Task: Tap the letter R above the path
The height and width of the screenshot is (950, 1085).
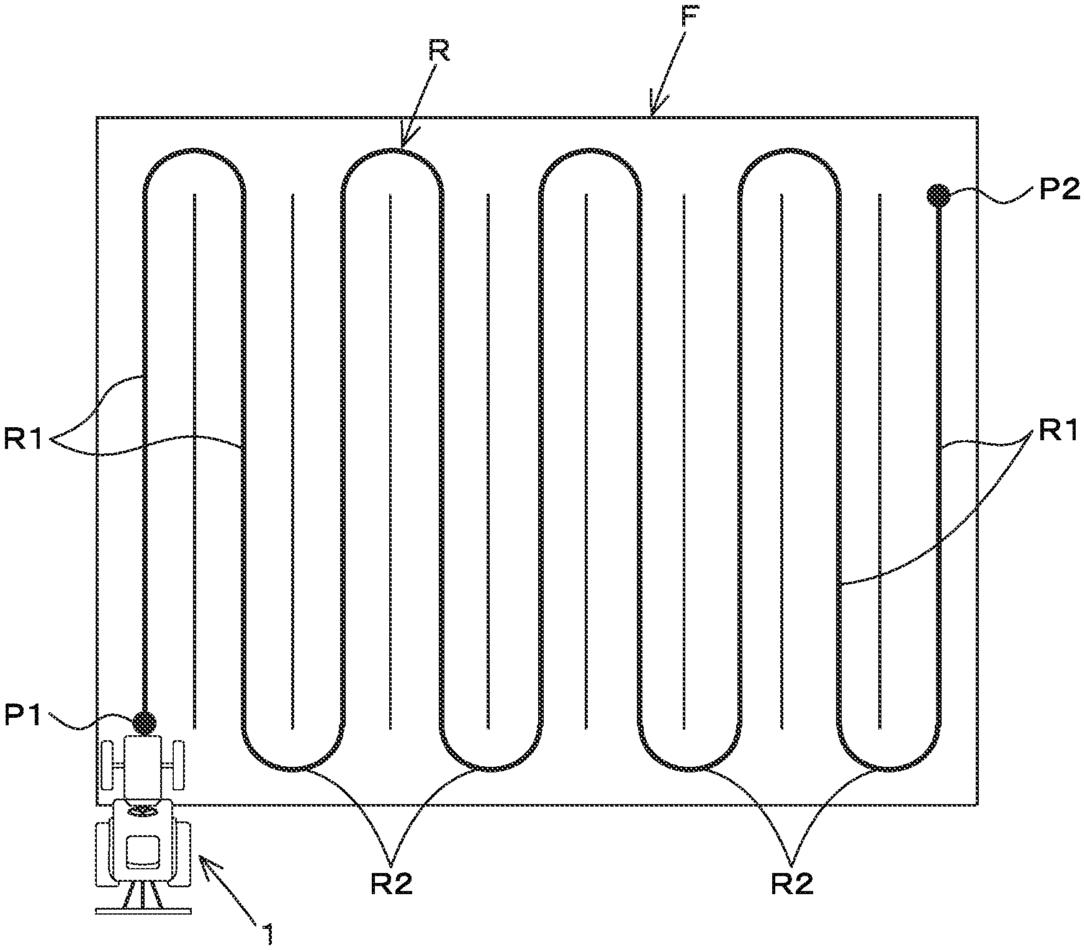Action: click(439, 52)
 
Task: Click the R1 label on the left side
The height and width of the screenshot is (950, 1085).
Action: click(24, 440)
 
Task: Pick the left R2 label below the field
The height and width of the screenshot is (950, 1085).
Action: click(391, 884)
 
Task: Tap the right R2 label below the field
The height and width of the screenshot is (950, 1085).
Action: click(791, 884)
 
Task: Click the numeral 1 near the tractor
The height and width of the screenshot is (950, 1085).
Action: click(268, 933)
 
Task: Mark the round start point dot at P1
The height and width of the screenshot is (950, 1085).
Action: click(145, 722)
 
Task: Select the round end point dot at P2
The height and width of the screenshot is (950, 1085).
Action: click(939, 196)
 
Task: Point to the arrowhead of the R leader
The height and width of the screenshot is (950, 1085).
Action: click(405, 142)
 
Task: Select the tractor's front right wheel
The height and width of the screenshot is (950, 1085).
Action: click(179, 763)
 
